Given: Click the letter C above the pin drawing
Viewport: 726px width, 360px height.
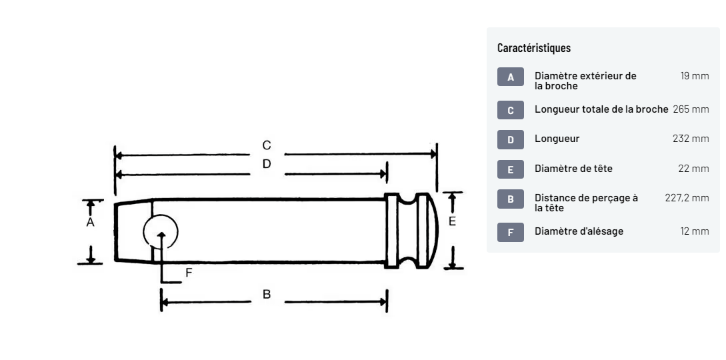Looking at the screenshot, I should click(267, 145).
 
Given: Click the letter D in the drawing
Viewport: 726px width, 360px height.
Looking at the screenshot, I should click(267, 164).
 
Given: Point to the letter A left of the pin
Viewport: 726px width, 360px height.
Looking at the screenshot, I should click(90, 222).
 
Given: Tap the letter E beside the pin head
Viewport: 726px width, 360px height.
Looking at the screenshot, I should click(452, 221).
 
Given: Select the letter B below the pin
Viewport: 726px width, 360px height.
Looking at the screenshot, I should click(267, 294).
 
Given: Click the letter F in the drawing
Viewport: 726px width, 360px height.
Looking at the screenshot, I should click(189, 272).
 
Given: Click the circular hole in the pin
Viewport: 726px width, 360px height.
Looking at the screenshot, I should click(161, 232).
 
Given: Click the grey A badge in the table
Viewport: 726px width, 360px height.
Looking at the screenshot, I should click(511, 77).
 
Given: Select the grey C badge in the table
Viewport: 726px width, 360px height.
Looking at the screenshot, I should click(511, 110).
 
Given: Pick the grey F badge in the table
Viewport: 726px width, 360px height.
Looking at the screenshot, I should click(511, 232).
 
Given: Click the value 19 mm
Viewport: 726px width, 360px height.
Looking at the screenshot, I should click(694, 76).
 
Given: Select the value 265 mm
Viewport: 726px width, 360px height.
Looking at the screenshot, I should click(691, 109).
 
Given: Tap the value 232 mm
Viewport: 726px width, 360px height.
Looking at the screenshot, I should click(691, 139).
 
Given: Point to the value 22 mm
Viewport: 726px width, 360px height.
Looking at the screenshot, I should click(693, 169).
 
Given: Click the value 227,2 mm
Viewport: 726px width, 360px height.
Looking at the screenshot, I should click(687, 198).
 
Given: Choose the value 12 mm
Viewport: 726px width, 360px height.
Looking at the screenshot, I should click(694, 231).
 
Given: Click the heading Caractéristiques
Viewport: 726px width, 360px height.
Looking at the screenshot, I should click(534, 48).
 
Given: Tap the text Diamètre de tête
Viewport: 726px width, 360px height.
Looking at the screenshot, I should click(573, 169).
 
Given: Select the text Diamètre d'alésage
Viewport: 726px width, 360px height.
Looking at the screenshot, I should click(579, 231).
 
